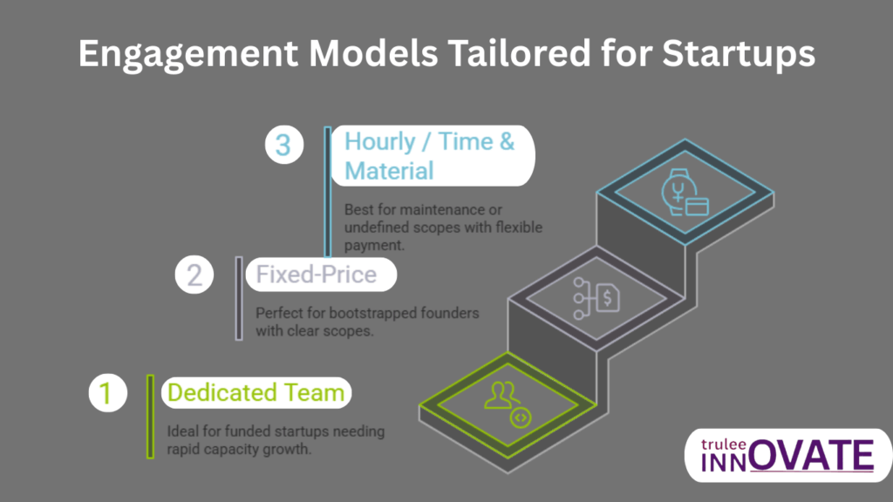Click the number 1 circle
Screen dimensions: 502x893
(x=106, y=393)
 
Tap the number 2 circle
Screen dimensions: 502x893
(x=194, y=275)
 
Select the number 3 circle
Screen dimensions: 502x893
(x=283, y=144)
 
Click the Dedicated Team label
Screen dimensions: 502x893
(x=256, y=393)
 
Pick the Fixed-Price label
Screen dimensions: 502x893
(x=316, y=275)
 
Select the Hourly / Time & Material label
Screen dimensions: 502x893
(x=429, y=155)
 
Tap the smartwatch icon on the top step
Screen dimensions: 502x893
(x=684, y=193)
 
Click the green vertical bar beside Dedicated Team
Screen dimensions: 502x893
(x=150, y=416)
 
